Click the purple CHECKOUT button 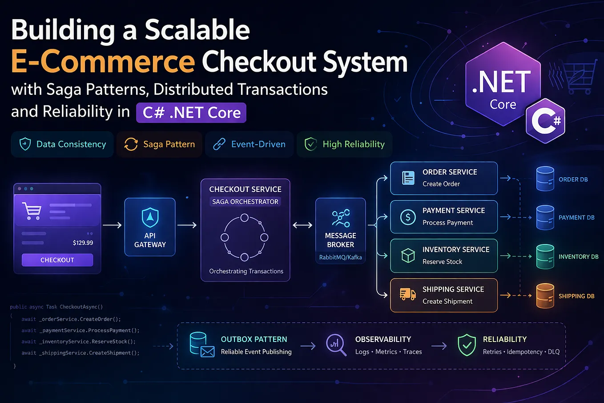point(57,260)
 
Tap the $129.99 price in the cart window point(83,243)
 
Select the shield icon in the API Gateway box point(150,218)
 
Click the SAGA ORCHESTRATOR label point(245,202)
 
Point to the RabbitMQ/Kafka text point(341,257)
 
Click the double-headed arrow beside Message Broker point(302,225)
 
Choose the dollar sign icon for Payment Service point(408,217)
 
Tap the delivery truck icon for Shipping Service point(407,294)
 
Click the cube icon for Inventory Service point(408,255)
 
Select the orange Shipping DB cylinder point(545,296)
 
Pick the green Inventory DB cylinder point(545,256)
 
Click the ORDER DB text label point(573,179)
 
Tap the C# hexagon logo point(545,121)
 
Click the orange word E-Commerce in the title point(103,61)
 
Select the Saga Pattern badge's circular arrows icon point(131,144)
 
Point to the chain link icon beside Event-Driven point(219,144)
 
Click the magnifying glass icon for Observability point(336,345)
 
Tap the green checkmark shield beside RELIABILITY point(467,345)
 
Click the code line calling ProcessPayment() point(81,330)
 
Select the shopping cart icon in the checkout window point(32,211)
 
